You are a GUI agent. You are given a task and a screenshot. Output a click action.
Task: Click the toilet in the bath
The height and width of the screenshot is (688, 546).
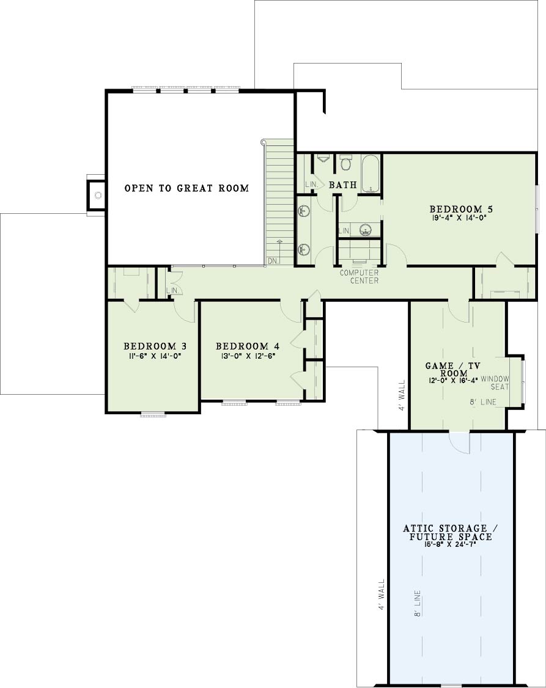coord(346,163)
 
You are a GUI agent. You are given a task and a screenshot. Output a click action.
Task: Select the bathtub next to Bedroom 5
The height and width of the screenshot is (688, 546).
coord(371,174)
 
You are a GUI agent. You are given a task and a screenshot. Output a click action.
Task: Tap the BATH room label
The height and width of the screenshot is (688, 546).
coord(343,185)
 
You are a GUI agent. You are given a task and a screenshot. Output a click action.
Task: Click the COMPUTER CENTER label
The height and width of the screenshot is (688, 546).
coord(359,276)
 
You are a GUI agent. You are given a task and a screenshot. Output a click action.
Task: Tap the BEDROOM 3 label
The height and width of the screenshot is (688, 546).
coord(155,346)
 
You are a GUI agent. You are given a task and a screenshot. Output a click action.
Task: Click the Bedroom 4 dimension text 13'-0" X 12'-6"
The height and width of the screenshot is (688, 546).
coord(248,356)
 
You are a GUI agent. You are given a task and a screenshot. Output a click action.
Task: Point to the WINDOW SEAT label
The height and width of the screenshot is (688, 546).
coord(495,382)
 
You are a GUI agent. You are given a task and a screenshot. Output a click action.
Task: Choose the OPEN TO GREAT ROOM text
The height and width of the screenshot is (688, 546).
coord(186,188)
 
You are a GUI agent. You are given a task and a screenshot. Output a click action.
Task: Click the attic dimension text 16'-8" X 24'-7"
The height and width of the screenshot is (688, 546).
coord(451,544)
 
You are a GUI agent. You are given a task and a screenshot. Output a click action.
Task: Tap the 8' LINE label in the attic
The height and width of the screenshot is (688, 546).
coord(418,603)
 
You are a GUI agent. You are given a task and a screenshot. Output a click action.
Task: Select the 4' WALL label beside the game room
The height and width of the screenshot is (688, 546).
coord(402,395)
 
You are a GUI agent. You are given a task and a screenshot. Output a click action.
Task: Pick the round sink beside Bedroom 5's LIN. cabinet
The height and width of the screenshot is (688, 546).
coord(365,230)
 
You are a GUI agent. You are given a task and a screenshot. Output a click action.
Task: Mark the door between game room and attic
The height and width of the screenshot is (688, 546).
coord(459,442)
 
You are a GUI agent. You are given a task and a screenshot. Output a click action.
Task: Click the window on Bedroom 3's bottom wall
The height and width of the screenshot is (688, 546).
coord(153,413)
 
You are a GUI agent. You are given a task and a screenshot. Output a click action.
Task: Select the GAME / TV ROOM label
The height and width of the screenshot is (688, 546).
coord(453,370)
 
